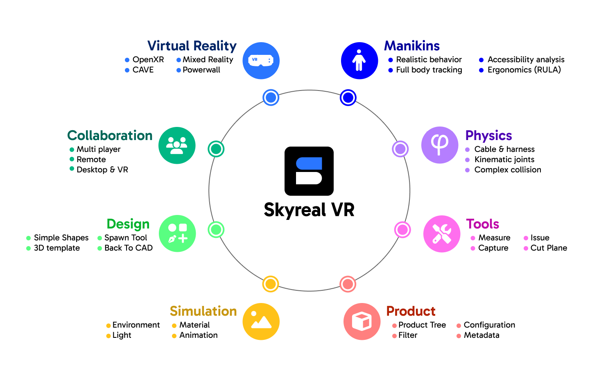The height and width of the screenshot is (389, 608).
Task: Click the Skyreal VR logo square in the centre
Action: click(x=309, y=171)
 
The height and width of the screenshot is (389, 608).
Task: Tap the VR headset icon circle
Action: click(x=261, y=61)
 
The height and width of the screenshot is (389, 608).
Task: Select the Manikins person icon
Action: click(x=359, y=61)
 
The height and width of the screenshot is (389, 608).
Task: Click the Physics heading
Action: click(x=488, y=136)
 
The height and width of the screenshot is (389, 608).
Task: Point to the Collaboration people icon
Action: click(x=177, y=145)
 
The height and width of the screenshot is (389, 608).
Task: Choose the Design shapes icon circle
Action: click(x=177, y=233)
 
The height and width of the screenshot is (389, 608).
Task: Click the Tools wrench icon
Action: click(x=442, y=234)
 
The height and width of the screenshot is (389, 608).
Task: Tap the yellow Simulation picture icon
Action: click(x=261, y=321)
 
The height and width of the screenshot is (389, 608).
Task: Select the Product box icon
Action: click(x=362, y=321)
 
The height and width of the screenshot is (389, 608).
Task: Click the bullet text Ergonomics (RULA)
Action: click(x=524, y=70)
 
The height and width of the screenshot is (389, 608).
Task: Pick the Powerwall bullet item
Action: click(x=201, y=70)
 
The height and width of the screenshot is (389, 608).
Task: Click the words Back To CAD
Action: click(x=129, y=248)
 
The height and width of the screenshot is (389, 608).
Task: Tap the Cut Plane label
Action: click(x=549, y=248)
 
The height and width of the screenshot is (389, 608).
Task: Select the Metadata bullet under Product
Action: click(x=481, y=335)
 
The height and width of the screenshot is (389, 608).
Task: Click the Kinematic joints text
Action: click(x=504, y=159)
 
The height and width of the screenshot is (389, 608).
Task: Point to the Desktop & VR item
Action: click(x=102, y=170)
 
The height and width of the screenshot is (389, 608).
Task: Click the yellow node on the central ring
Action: click(x=270, y=284)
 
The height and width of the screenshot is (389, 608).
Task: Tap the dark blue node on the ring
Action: click(x=348, y=97)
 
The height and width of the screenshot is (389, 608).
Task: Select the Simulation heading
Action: click(x=203, y=311)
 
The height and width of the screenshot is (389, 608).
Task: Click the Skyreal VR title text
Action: click(x=309, y=210)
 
